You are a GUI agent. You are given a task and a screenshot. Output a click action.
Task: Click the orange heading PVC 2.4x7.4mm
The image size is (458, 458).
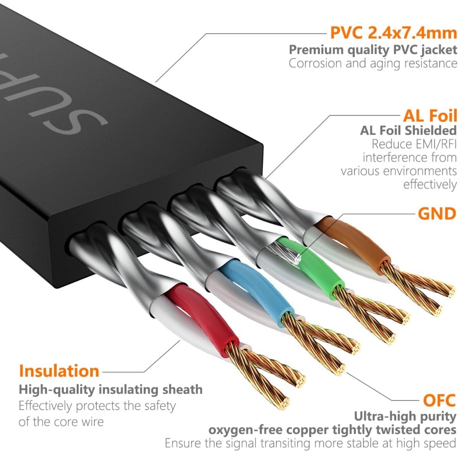click(x=393, y=32)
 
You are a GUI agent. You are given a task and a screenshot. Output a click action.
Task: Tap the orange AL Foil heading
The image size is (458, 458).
click(x=429, y=116)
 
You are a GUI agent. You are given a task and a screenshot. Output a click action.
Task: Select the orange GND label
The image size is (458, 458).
click(x=437, y=214)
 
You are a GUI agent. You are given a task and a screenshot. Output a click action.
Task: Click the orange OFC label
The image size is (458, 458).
click(x=439, y=400)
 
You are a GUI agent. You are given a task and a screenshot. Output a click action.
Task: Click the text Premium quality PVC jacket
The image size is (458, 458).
click(x=373, y=50)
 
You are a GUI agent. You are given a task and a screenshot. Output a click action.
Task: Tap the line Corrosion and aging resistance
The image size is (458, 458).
click(x=373, y=63)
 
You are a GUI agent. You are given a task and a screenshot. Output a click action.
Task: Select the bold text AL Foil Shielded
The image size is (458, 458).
click(x=408, y=130)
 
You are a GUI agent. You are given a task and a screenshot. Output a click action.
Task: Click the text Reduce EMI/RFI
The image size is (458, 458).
click(x=414, y=144)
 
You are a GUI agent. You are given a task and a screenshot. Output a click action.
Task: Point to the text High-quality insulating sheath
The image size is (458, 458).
click(x=111, y=389)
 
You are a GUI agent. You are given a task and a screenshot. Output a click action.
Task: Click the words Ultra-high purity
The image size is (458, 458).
click(x=405, y=416)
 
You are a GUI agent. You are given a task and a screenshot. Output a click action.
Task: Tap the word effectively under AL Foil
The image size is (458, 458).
click(x=429, y=184)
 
